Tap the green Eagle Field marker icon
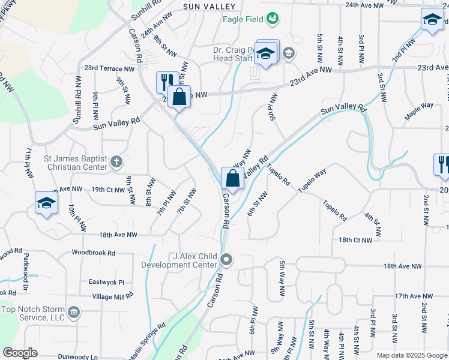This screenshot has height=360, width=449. pyautogui.click(x=273, y=19)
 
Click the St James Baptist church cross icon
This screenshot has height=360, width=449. pyautogui.click(x=116, y=161)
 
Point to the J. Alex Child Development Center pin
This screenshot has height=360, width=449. pyautogui.click(x=226, y=260)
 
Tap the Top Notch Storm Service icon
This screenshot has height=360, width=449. pyautogui.click(x=74, y=312)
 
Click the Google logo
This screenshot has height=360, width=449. pyautogui.click(x=20, y=353)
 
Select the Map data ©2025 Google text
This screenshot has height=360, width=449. pyautogui.click(x=411, y=355)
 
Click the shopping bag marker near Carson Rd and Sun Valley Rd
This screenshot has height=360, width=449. pyautogui.click(x=232, y=178)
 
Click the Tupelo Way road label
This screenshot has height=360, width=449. pyautogui.click(x=312, y=181)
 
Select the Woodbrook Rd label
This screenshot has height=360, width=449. pyautogui.click(x=93, y=253)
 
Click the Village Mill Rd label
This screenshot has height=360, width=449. pyautogui.click(x=112, y=297)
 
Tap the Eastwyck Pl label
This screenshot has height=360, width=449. pyautogui.click(x=106, y=282)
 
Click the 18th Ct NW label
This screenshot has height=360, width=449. pyautogui.click(x=355, y=240)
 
